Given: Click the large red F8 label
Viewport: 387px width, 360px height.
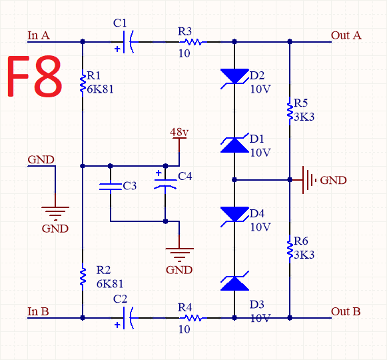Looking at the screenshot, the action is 35,76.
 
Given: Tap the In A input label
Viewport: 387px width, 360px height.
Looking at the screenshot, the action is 39,35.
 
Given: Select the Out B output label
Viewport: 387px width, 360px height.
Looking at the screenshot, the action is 346,311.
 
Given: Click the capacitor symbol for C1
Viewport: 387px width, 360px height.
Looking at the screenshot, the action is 129,42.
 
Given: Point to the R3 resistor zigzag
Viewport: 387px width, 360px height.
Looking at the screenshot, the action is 193,42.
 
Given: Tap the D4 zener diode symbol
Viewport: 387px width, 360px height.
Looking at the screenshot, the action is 234,215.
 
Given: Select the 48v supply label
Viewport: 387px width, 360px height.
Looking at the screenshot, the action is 179,132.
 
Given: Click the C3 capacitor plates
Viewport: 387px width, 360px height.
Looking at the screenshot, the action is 111,187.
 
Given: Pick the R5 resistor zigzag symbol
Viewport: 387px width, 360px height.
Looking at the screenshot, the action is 290,111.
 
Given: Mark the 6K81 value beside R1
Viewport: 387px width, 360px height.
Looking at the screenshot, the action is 100,89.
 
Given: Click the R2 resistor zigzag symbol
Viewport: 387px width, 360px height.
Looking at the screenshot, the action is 83,277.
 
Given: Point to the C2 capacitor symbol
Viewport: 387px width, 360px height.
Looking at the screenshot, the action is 129,318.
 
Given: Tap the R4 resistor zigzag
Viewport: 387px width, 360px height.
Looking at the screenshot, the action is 193,318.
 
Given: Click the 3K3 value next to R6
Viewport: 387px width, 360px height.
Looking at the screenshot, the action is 304,255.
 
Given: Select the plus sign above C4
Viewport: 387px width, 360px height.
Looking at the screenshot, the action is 159,173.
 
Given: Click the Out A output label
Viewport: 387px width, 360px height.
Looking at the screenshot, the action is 346,35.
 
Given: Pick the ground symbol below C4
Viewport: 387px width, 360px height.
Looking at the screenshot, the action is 179,255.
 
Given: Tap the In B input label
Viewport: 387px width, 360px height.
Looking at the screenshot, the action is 38,311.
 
